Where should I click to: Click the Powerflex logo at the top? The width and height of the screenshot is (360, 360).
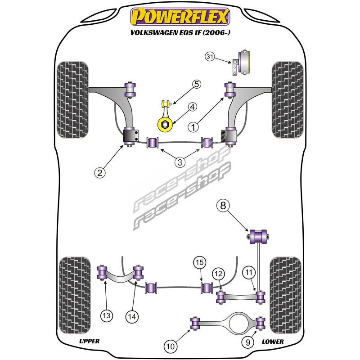point(180,17)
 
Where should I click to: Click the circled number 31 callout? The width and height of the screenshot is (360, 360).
point(210,56)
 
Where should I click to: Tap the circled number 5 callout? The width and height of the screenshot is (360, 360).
point(197,84)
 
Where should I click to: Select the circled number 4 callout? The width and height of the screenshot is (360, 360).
point(193,107)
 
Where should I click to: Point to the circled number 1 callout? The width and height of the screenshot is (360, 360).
point(193,127)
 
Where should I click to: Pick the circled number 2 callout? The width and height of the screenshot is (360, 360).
point(100,172)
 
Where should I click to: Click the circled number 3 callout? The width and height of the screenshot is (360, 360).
point(180,162)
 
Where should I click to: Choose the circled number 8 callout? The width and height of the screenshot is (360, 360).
point(223,206)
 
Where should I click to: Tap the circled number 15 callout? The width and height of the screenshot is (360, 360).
point(199,262)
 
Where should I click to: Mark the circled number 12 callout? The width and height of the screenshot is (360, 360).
point(218,274)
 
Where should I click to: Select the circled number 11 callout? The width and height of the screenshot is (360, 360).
point(249,272)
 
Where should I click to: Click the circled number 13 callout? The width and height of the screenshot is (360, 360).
point(107,316)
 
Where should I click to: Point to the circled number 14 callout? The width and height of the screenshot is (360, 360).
point(132,317)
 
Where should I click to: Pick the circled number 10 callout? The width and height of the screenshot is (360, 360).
point(171,346)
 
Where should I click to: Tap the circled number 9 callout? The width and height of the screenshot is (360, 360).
point(248,342)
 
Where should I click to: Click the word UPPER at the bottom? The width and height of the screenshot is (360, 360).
point(89,341)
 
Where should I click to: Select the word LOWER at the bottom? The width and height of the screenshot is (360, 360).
point(273,342)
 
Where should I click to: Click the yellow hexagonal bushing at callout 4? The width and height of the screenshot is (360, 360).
point(165,125)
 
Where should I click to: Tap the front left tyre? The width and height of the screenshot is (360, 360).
point(72,99)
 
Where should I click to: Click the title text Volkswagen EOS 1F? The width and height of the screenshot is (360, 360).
point(180,32)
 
